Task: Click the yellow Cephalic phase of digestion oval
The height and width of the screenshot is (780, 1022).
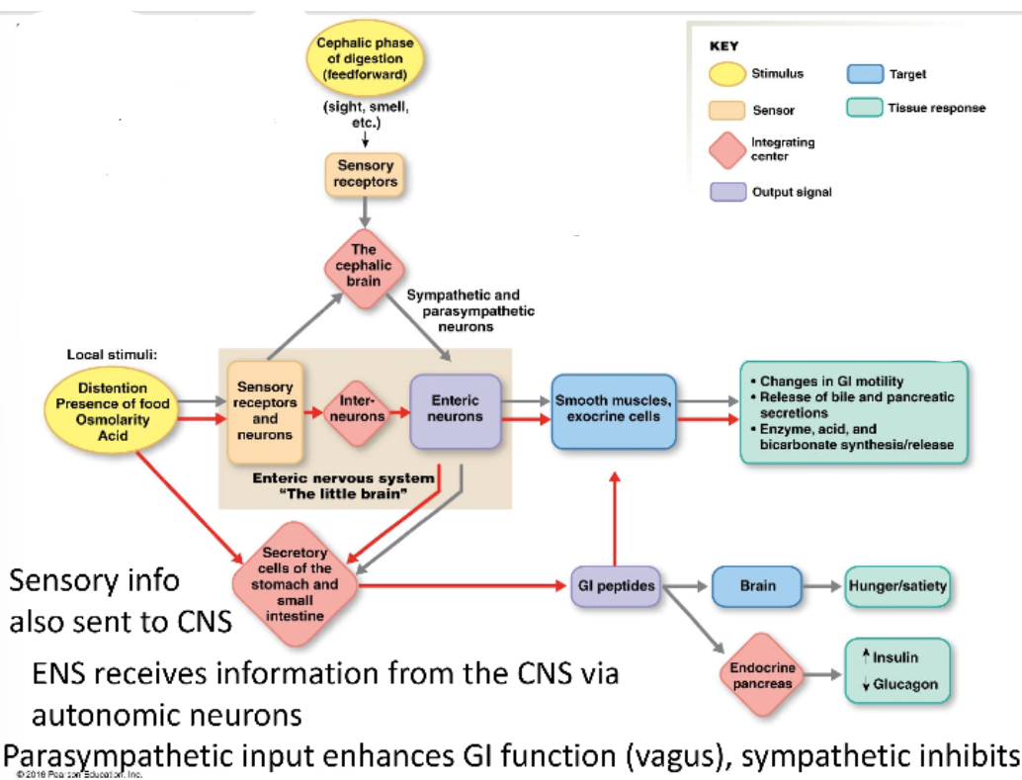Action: [x=365, y=59]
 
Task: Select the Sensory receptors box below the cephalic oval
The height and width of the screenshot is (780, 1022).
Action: [x=365, y=174]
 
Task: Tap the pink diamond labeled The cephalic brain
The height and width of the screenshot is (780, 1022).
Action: [x=365, y=266]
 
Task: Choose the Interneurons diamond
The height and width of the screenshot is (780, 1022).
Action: [x=355, y=410]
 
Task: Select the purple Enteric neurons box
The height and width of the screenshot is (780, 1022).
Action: [x=455, y=410]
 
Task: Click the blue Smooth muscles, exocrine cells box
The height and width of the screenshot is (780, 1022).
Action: [x=613, y=410]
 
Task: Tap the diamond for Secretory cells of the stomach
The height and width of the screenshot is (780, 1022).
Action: [x=295, y=584]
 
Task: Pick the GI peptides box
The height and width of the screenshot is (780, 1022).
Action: [x=615, y=586]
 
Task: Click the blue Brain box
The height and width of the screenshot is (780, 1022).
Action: [x=757, y=586]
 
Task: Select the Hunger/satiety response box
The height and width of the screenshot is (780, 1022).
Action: [x=896, y=586]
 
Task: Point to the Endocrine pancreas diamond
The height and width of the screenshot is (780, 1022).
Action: [x=762, y=676]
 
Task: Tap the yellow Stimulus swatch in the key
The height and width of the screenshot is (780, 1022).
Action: [x=727, y=74]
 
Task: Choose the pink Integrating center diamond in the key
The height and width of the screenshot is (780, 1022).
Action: [x=727, y=149]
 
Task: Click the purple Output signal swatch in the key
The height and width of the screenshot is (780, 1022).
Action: [x=727, y=192]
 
